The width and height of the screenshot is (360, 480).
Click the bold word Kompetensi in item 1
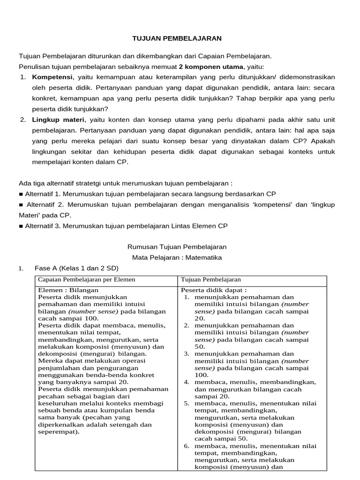tap(52, 77)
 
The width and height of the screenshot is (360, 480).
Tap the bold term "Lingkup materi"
tap(59, 120)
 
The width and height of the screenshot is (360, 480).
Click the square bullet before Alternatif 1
tap(21, 194)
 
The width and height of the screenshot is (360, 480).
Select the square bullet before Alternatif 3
tap(21, 226)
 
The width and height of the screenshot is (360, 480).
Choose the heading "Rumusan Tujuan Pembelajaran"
tap(177, 247)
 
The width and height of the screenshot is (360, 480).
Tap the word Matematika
tap(204, 257)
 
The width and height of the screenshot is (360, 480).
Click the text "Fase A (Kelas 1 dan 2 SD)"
tap(76, 268)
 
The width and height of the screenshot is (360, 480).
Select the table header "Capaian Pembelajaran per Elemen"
tap(87, 280)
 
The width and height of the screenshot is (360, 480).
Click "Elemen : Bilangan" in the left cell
tap(65, 290)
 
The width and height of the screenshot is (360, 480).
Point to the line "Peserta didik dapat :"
tap(214, 290)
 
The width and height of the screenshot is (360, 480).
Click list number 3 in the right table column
tap(186, 354)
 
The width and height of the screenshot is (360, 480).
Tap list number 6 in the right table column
tap(186, 446)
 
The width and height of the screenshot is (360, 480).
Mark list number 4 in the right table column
tap(186, 382)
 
